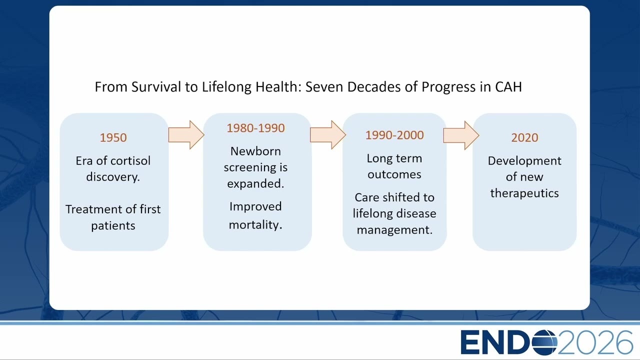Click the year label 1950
pos(113,137)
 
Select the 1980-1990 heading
pos(255,128)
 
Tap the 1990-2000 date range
pos(394,135)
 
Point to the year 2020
pos(524,137)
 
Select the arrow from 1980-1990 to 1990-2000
pos(328,135)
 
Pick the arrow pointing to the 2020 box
pos(461,135)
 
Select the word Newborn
pos(255,151)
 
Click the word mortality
pos(255,225)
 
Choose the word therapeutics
pos(524,193)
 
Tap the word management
pos(394,230)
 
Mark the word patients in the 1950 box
pos(113,226)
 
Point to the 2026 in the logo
pos(595,342)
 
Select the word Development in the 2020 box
pos(524,161)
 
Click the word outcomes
pos(394,174)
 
